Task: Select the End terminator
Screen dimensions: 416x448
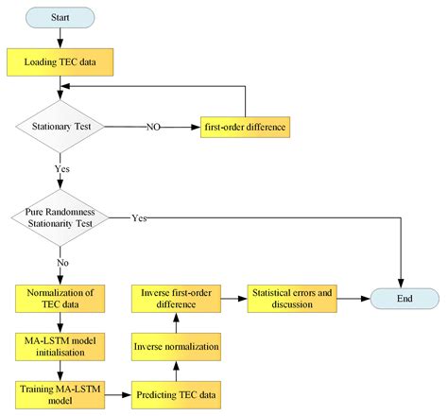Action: click(403, 299)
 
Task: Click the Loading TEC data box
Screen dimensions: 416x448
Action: click(60, 64)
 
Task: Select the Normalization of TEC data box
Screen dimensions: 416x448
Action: click(60, 299)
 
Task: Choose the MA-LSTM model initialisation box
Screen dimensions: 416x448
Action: click(60, 345)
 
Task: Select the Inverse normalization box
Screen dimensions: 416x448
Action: click(180, 345)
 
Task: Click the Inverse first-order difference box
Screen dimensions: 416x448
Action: click(180, 299)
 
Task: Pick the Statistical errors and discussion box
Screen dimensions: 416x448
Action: click(292, 299)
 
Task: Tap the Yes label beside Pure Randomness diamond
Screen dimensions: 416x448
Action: click(139, 218)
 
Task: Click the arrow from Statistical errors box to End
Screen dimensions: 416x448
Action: click(352, 299)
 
